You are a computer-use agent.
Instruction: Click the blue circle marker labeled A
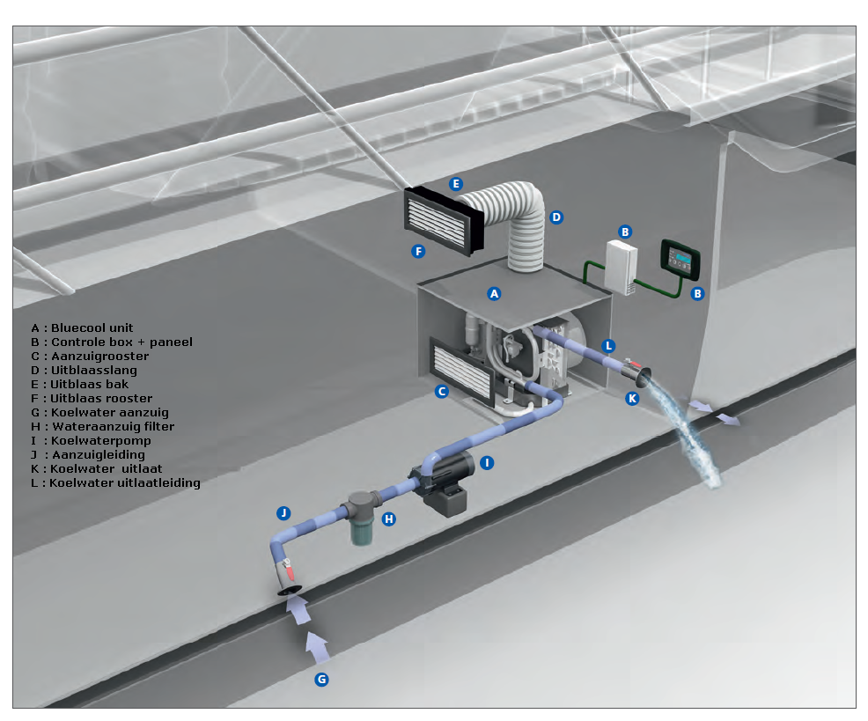(494, 292)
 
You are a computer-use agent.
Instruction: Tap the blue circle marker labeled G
(321, 679)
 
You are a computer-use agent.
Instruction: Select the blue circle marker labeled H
(388, 519)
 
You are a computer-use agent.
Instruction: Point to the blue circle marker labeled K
(630, 399)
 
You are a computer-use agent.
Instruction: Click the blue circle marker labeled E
(455, 184)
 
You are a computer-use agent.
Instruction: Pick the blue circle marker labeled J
(283, 512)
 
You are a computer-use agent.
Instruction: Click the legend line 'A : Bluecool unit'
(82, 327)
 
